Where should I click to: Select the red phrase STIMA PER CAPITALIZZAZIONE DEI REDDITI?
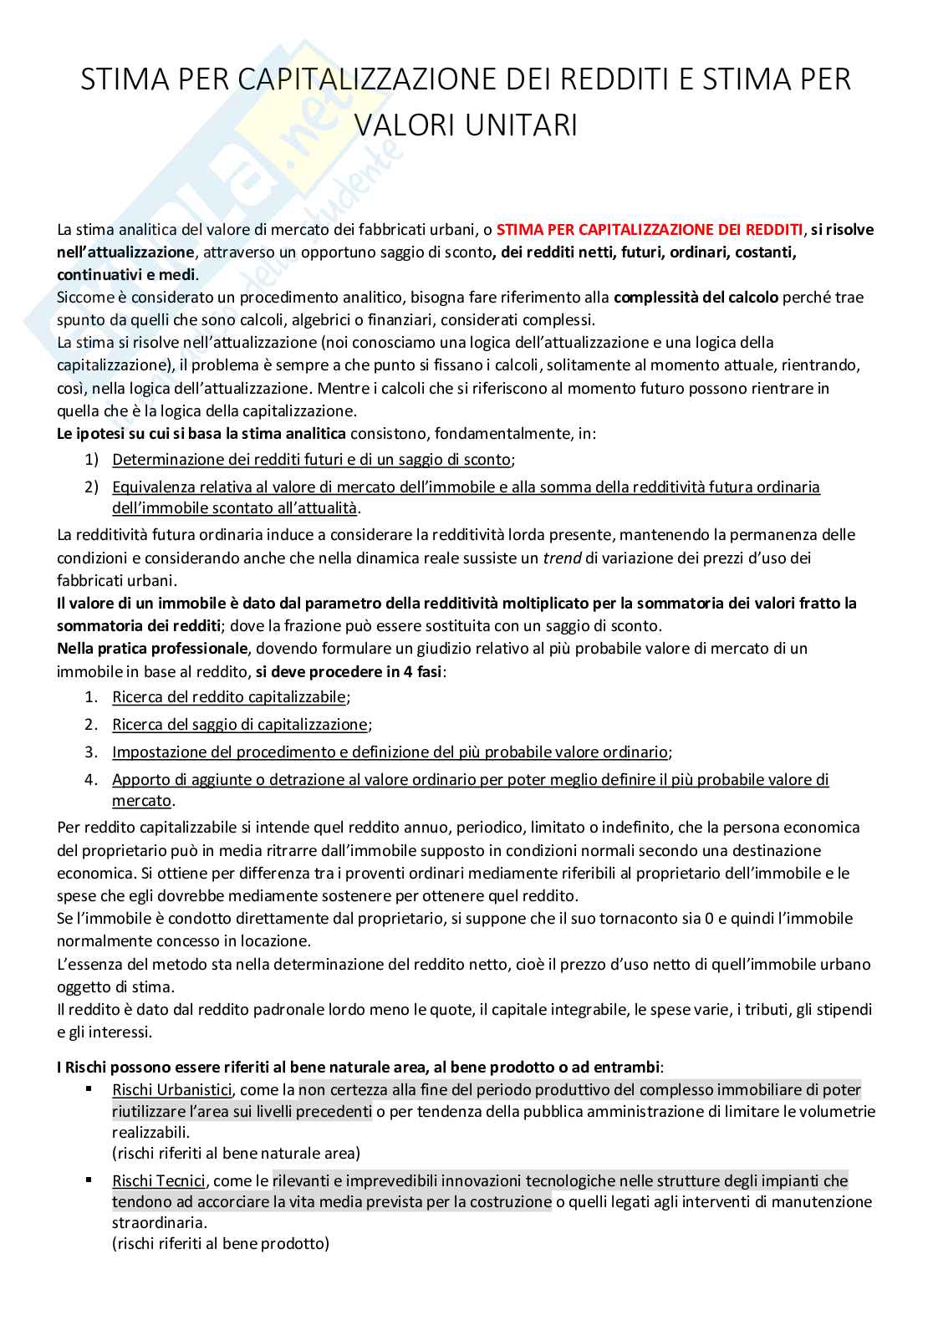[650, 229]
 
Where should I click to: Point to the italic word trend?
[562, 558]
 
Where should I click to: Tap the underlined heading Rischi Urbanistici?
[171, 1089]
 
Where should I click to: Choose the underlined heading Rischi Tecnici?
[158, 1180]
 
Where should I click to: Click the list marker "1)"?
[92, 459]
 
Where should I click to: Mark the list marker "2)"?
[92, 487]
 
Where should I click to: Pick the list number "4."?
[92, 779]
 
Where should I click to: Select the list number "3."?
[92, 752]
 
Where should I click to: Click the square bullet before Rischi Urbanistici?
[89, 1089]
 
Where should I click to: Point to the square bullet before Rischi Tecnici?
[89, 1180]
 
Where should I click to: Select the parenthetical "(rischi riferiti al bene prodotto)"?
[221, 1243]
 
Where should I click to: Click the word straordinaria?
[157, 1222]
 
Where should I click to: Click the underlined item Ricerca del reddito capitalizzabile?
[229, 696]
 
